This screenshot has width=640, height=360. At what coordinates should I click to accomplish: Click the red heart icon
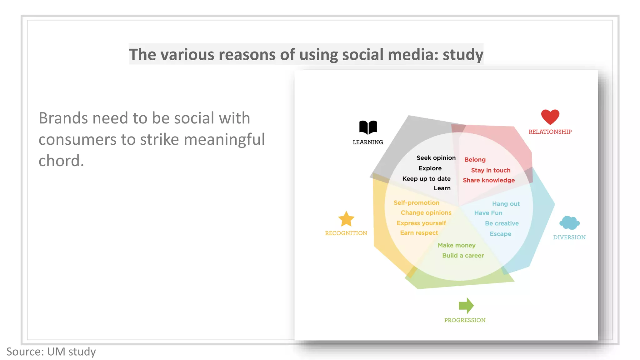coord(550,117)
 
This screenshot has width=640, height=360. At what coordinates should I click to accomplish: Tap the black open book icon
coord(368,127)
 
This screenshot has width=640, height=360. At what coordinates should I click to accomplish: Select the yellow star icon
coord(346,219)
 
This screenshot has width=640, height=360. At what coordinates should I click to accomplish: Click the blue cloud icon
coord(569,223)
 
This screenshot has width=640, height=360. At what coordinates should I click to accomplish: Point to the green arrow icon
coord(466,305)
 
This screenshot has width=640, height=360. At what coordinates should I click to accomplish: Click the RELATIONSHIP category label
coord(550,132)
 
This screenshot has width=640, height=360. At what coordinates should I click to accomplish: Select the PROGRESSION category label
coord(465,320)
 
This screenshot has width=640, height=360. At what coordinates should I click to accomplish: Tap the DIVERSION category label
coord(569,237)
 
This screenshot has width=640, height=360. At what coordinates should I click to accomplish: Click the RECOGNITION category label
coord(346,233)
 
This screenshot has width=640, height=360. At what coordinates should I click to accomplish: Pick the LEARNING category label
coord(368,142)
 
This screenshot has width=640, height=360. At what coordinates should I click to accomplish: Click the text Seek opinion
coord(436,158)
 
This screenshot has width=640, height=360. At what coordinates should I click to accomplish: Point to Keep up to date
coord(426,179)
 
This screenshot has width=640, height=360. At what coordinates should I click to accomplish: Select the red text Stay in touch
coord(491,170)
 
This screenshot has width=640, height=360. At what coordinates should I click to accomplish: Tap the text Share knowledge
coord(489,180)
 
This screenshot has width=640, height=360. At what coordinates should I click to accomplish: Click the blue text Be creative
coord(502,223)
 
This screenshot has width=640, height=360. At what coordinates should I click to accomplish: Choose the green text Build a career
coord(463,256)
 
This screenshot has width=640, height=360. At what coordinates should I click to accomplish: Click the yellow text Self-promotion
coord(416,203)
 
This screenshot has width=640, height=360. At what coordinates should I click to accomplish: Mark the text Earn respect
coord(419,233)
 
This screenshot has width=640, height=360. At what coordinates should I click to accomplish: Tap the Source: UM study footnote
coord(51,352)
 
